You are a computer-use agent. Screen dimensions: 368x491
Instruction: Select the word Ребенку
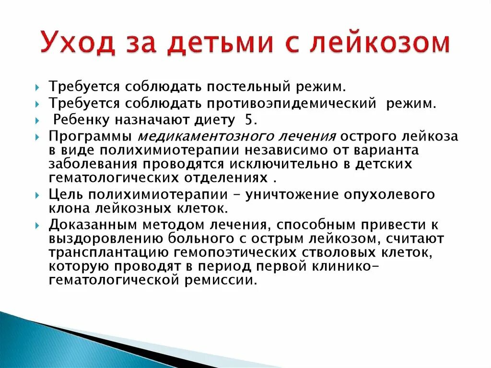point(77,119)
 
